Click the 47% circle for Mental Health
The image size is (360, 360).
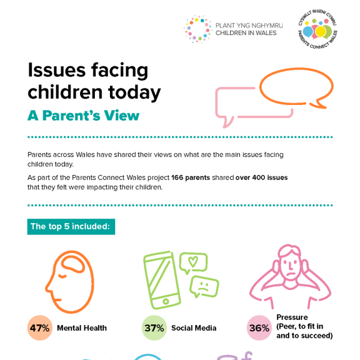tap(39, 327)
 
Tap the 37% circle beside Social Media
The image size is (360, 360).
tap(154, 327)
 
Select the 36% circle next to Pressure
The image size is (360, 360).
tap(259, 327)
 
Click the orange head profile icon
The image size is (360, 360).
tap(70, 281)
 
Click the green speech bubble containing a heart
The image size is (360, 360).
tap(193, 263)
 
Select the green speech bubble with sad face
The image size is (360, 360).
tap(204, 287)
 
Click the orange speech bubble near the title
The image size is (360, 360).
tap(296, 87)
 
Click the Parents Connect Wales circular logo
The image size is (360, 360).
tap(317, 30)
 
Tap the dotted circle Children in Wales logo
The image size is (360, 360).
tap(197, 29)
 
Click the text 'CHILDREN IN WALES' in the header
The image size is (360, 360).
tap(246, 33)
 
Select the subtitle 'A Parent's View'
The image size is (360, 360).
tap(83, 116)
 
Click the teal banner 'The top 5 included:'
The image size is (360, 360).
tap(71, 226)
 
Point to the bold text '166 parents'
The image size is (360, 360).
tap(191, 177)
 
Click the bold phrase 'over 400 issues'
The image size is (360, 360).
tap(261, 177)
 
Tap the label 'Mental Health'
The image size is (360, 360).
tap(82, 328)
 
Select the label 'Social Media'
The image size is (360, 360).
tap(194, 328)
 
